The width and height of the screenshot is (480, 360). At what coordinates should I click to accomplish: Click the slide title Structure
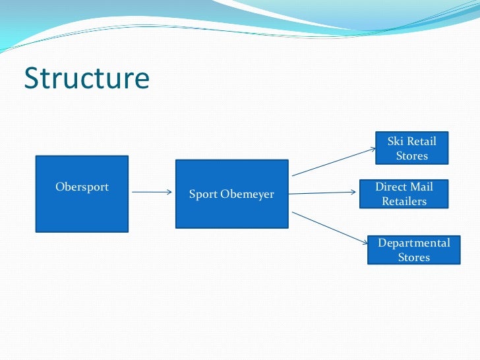click(86, 78)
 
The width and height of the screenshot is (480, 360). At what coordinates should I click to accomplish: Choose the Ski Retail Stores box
click(412, 148)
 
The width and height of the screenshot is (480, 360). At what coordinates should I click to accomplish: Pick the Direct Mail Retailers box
click(404, 194)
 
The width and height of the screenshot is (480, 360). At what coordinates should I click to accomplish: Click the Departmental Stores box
click(413, 250)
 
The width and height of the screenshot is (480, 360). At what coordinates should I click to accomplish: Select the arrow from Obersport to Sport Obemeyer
click(152, 193)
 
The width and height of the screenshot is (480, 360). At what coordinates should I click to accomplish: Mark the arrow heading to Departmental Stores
click(330, 228)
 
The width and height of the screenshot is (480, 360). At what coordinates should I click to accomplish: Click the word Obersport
click(82, 187)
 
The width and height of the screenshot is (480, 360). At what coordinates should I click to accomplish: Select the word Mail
click(421, 187)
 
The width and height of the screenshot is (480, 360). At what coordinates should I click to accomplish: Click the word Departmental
click(413, 243)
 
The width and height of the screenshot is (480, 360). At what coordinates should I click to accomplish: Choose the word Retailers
click(404, 201)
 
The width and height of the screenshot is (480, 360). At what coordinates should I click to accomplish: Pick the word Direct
click(391, 187)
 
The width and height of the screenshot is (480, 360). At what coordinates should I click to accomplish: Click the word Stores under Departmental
click(413, 257)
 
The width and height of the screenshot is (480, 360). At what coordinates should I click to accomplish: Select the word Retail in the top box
click(422, 141)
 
